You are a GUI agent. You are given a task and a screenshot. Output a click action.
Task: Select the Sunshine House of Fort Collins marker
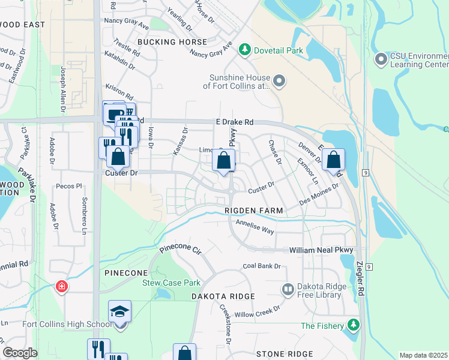(x=279, y=80)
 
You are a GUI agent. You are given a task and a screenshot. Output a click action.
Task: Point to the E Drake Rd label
(x=235, y=122)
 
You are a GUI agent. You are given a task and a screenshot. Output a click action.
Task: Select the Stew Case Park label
(x=170, y=283)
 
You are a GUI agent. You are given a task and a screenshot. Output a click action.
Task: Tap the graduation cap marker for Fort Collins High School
(x=119, y=312)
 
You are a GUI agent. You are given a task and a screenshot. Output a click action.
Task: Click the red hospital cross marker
(x=61, y=287)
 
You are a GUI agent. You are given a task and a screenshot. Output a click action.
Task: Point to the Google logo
(x=20, y=353)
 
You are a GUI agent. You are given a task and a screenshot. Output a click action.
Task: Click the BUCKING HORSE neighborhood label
(x=172, y=42)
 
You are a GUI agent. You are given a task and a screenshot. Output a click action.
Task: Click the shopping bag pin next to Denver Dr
(x=333, y=160)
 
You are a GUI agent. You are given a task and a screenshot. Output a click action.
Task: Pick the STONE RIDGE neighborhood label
(x=285, y=354)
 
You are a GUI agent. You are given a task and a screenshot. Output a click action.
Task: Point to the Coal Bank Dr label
(x=262, y=266)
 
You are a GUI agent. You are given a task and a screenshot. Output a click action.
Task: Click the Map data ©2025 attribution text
(x=423, y=355)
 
